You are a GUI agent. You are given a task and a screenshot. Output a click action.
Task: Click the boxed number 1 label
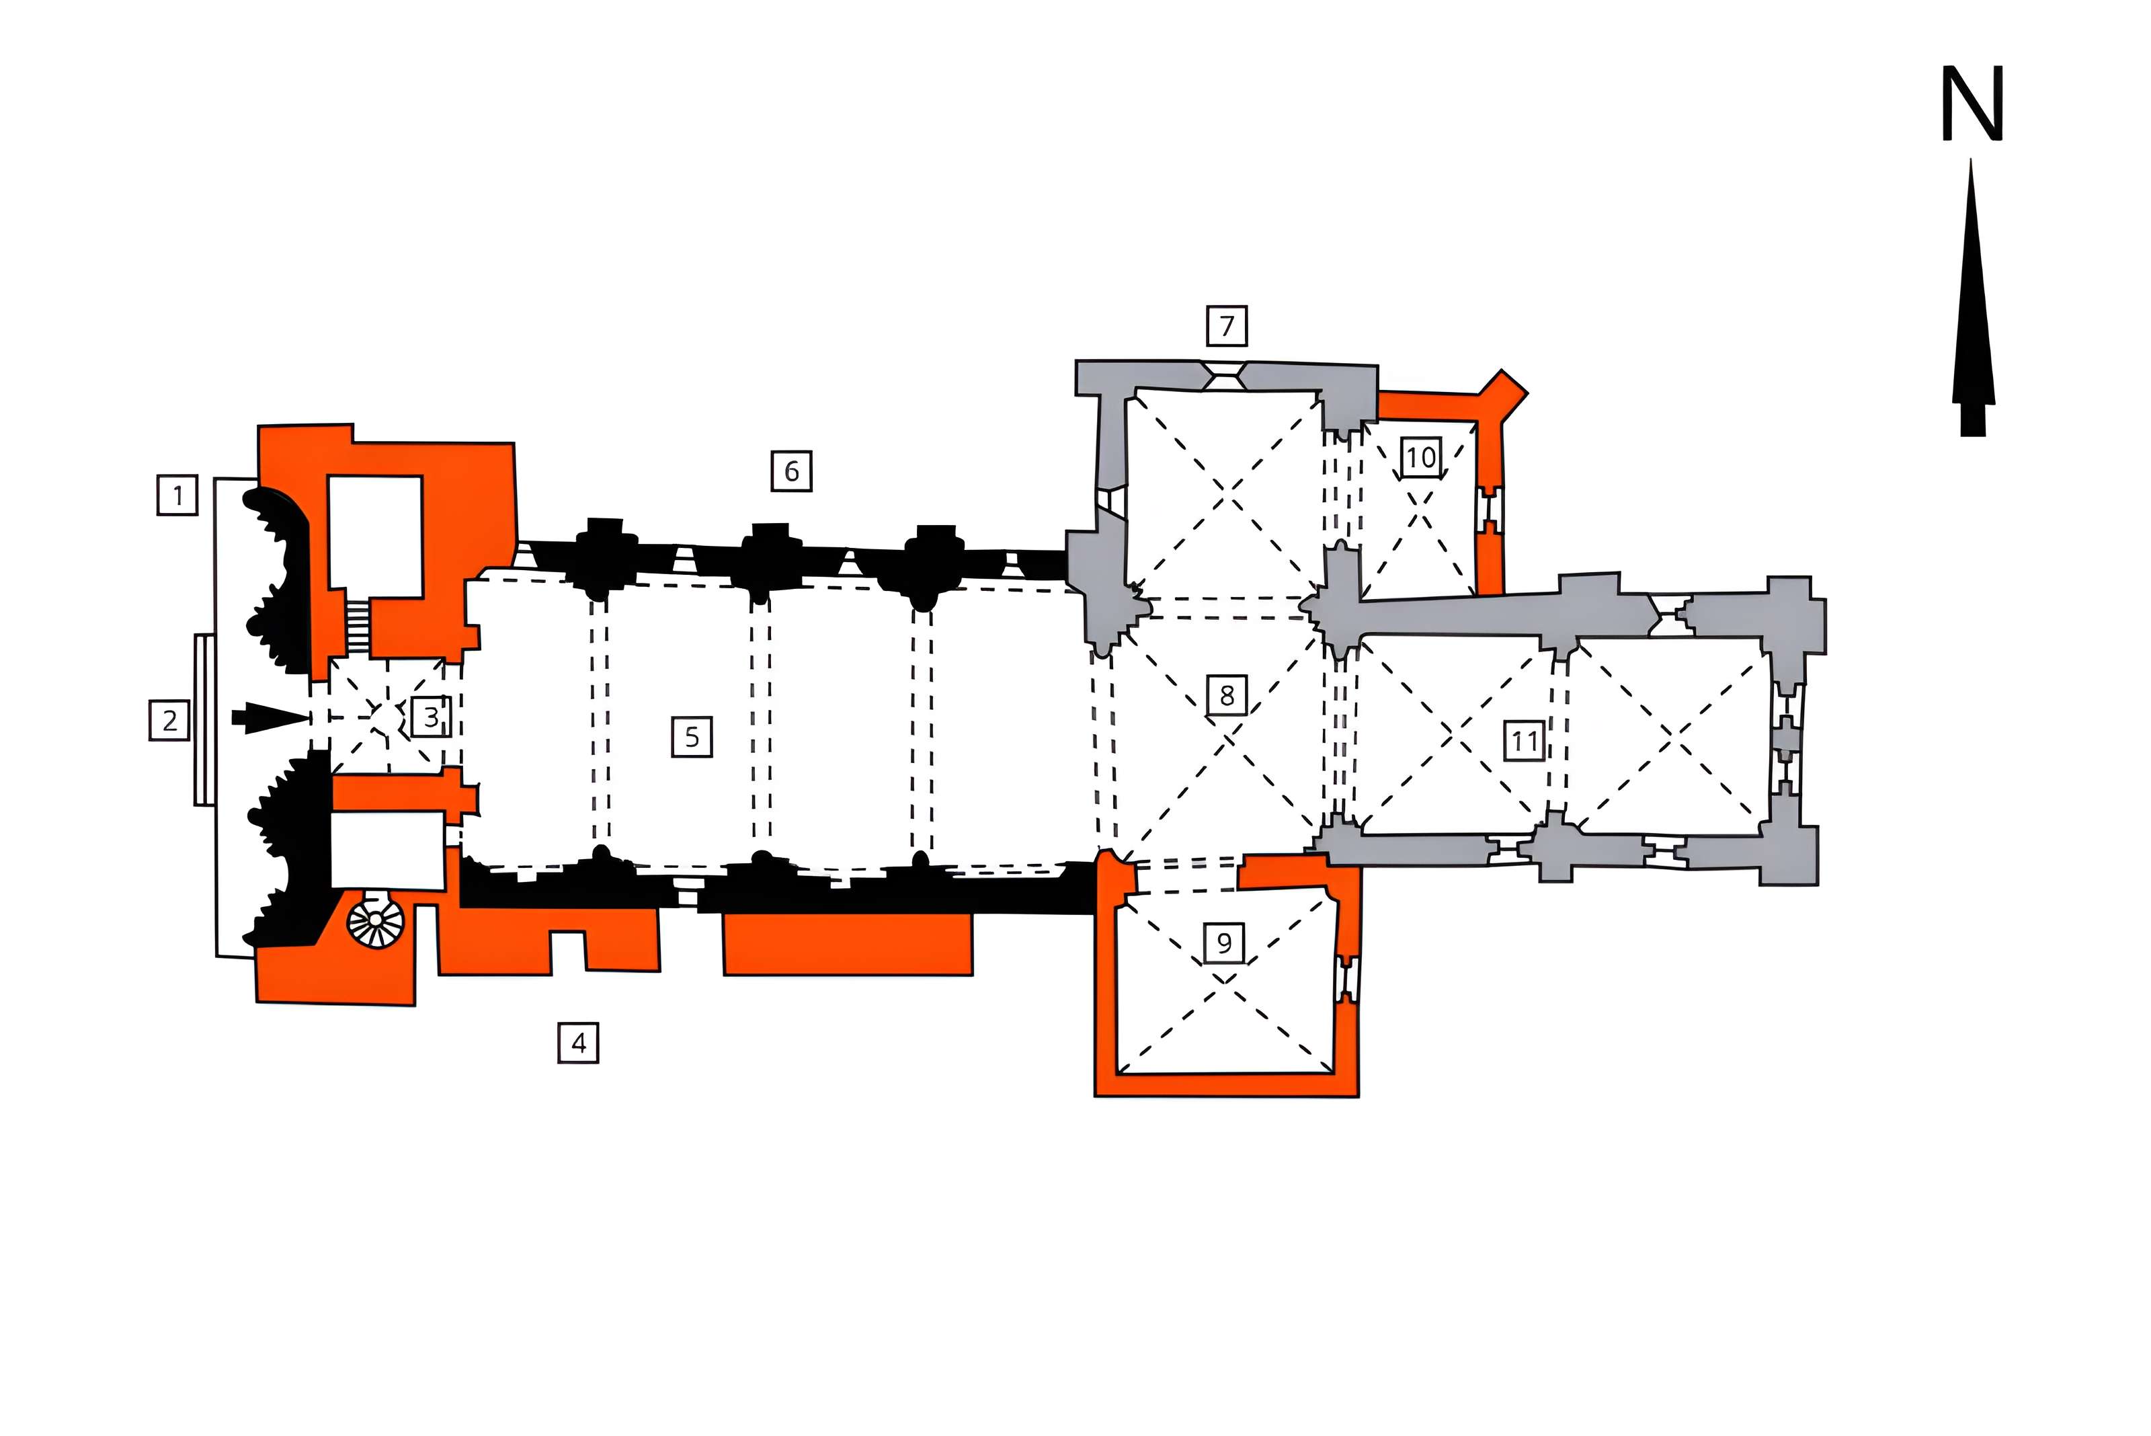[177, 495]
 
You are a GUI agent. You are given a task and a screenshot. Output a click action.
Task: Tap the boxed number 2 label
[169, 720]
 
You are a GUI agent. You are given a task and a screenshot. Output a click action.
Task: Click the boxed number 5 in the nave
[692, 736]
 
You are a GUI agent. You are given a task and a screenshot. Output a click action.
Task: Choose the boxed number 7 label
[1227, 325]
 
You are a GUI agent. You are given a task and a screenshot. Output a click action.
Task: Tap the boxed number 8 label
[1227, 695]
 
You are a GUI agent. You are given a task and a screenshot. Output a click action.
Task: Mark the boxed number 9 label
[1224, 943]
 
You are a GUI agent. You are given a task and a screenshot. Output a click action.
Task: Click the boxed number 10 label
[1420, 456]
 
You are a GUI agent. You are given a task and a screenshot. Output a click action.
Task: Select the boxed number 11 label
[1525, 740]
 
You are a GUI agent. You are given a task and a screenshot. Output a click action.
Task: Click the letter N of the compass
[1972, 104]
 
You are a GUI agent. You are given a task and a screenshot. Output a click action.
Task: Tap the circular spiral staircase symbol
[376, 918]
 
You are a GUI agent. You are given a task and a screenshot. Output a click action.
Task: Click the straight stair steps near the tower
[357, 627]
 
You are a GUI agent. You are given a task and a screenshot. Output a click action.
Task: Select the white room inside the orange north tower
[376, 536]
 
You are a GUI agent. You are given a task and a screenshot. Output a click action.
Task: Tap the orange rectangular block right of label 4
[848, 944]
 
